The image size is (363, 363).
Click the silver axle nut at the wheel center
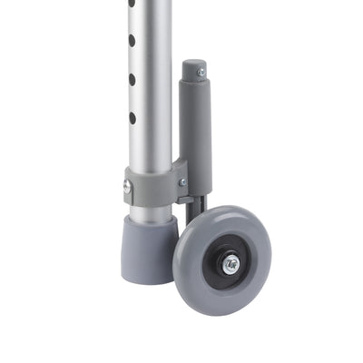[x=231, y=264]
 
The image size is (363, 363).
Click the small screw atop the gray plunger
[x=201, y=71]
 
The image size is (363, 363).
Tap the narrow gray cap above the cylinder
[x=193, y=73]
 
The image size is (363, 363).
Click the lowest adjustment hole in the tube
[x=132, y=118]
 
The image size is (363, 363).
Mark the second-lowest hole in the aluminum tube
[x=132, y=80]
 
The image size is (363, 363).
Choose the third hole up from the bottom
[x=132, y=41]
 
